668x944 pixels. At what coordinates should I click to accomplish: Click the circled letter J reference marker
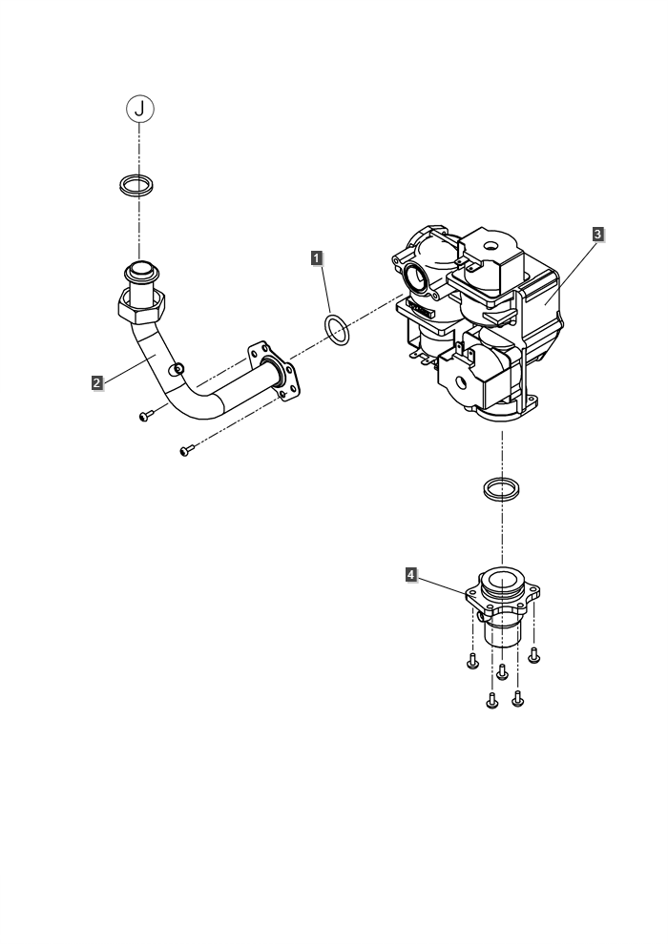click(x=139, y=109)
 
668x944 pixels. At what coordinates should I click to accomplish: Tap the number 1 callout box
click(x=317, y=258)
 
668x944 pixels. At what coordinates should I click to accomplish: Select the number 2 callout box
click(x=97, y=382)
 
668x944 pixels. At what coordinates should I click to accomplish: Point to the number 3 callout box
click(x=597, y=234)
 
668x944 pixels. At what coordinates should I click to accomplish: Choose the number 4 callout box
click(x=410, y=575)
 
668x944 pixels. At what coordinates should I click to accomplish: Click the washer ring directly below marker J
click(x=136, y=184)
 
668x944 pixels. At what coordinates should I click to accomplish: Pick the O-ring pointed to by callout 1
click(x=337, y=330)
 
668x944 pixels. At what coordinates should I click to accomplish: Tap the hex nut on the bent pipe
click(x=141, y=306)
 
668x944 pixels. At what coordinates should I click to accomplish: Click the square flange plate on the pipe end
click(x=274, y=372)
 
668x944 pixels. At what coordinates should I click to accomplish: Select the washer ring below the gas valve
click(x=501, y=487)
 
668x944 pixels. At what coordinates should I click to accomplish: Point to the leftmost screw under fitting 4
click(x=472, y=661)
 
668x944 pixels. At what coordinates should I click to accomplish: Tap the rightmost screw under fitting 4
click(x=533, y=655)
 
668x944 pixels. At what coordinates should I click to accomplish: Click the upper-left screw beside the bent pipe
click(x=144, y=416)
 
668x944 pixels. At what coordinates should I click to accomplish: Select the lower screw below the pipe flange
click(x=187, y=450)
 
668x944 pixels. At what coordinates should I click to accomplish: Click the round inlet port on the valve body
click(x=416, y=277)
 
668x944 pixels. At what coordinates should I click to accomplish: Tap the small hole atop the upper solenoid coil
click(x=492, y=246)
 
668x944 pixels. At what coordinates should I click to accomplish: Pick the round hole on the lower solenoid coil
click(x=461, y=382)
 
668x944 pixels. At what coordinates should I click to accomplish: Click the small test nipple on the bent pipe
click(x=177, y=368)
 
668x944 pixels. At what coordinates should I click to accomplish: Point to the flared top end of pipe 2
click(x=142, y=271)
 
